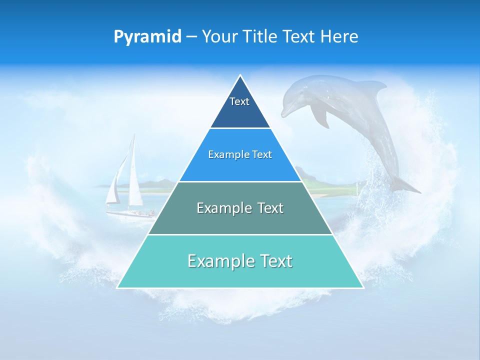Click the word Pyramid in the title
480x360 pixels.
click(147, 37)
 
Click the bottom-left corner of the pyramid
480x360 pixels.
click(118, 287)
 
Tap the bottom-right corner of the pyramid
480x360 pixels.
click(362, 287)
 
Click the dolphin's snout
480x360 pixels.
click(284, 112)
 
